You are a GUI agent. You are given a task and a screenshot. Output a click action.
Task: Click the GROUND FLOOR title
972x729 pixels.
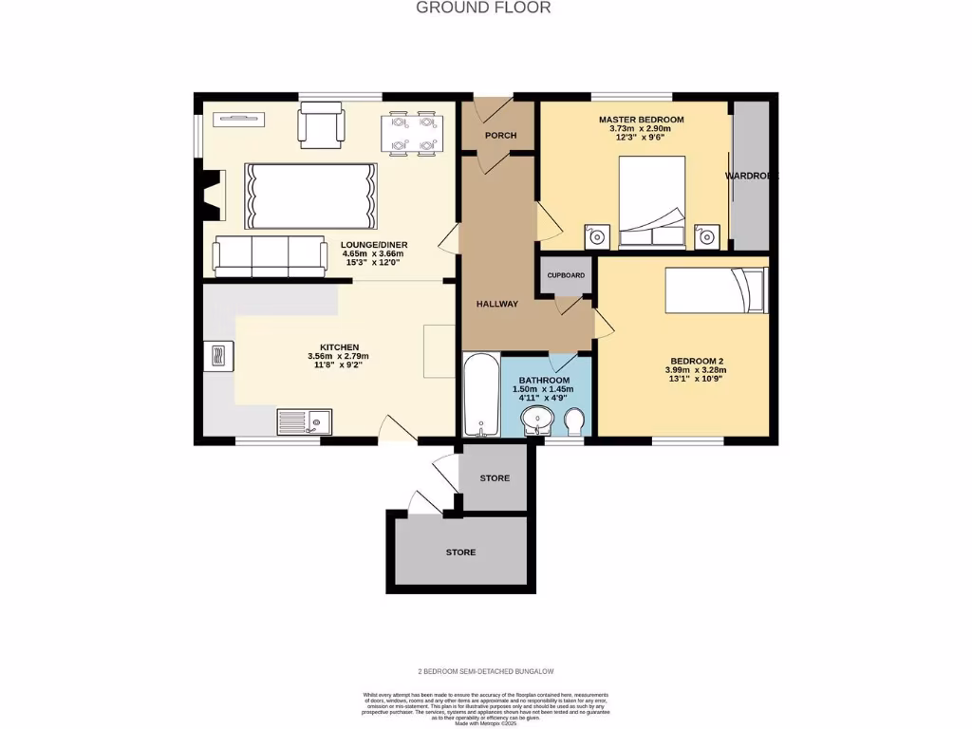(x=484, y=8)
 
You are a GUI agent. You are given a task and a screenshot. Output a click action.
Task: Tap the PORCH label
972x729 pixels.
(x=500, y=136)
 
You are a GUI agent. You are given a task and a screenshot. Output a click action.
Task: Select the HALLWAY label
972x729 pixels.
(x=497, y=305)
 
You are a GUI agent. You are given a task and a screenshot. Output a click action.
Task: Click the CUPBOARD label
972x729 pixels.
(x=566, y=275)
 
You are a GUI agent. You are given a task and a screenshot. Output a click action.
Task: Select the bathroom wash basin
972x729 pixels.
(x=539, y=420)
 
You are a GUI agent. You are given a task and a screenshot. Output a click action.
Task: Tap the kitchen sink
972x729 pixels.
(x=304, y=421)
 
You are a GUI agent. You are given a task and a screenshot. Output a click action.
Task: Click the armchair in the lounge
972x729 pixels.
(x=322, y=126)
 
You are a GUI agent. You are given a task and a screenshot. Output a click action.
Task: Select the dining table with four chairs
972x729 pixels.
(x=413, y=133)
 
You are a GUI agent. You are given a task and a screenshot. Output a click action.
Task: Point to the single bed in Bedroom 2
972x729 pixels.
(x=715, y=290)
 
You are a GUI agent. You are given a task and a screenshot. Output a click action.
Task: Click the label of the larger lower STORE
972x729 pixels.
(x=460, y=552)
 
